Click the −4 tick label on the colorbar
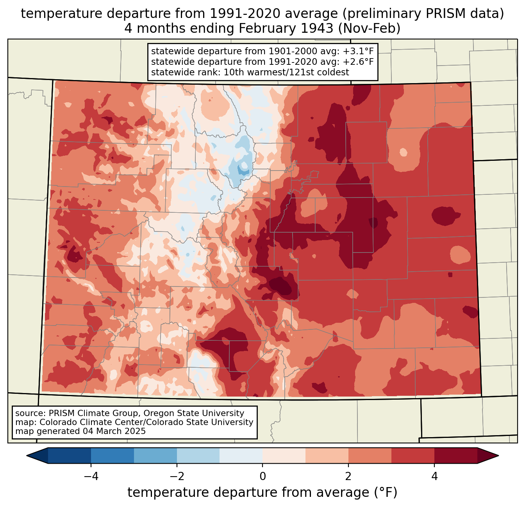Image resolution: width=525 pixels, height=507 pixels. click(91, 476)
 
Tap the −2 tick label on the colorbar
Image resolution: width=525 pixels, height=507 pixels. click(177, 476)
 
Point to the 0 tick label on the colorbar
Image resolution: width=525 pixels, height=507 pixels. click(262, 476)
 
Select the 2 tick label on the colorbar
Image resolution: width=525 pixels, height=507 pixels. click(348, 476)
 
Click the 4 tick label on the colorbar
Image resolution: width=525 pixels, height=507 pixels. click(434, 476)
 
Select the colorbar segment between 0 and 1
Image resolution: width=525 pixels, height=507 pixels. click(284, 455)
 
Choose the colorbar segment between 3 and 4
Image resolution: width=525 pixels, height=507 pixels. click(413, 455)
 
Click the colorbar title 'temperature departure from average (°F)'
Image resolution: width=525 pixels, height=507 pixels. click(262, 493)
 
